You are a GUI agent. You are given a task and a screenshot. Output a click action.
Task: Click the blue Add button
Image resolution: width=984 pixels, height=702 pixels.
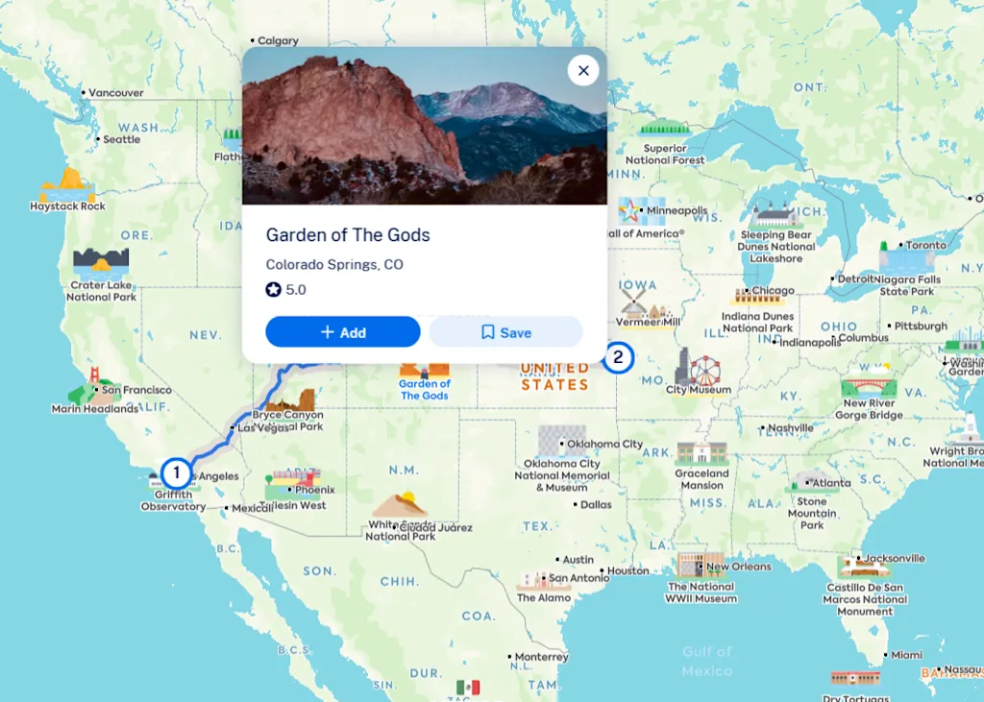click(x=343, y=332)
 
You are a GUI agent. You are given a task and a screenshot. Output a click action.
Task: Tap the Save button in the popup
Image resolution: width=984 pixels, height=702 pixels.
click(x=505, y=332)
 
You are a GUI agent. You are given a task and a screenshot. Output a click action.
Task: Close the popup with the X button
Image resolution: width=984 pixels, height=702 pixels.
click(x=583, y=70)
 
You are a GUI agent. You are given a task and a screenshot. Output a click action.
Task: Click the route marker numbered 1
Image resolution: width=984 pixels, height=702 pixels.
click(x=176, y=472)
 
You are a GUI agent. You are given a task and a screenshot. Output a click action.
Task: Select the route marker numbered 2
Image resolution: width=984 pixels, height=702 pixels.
click(x=618, y=358)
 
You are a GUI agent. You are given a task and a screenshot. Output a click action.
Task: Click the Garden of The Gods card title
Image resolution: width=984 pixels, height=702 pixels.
click(x=348, y=235)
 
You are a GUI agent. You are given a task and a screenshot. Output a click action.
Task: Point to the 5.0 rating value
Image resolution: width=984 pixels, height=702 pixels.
click(x=296, y=289)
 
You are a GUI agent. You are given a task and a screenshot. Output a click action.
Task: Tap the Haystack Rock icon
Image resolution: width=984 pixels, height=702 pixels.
click(x=67, y=183)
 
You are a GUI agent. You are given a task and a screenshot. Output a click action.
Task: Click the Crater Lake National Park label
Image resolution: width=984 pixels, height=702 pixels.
click(x=101, y=291)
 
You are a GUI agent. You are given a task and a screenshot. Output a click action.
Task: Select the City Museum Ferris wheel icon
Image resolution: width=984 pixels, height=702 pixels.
click(x=705, y=368)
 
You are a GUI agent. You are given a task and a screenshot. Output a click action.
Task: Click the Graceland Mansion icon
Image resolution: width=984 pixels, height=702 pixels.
click(x=701, y=453)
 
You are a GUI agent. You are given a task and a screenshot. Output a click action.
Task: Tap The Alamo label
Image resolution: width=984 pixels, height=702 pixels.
click(x=544, y=597)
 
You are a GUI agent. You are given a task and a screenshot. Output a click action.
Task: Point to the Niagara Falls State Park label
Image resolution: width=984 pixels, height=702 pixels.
click(x=909, y=285)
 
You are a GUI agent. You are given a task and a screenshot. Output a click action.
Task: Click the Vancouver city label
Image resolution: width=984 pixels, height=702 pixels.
click(x=116, y=93)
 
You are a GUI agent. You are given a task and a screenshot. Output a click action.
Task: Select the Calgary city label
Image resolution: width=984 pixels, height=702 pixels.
click(x=278, y=41)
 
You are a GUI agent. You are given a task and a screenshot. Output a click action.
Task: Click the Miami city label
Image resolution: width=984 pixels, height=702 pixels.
click(x=906, y=655)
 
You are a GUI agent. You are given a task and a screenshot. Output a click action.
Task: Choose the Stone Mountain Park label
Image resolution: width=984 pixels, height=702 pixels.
click(x=812, y=513)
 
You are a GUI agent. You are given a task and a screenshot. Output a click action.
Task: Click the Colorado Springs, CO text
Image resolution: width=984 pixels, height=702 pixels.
click(x=334, y=264)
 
